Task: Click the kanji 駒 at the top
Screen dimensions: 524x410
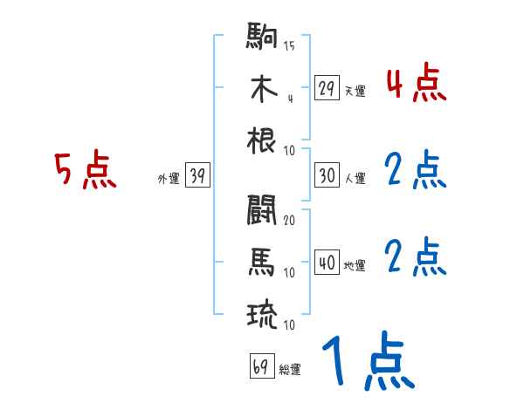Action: click(262, 38)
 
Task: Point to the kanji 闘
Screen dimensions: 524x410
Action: click(262, 210)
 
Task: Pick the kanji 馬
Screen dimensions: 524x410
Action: click(262, 262)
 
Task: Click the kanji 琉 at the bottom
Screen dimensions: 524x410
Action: click(262, 314)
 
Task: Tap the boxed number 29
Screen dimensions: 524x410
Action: click(327, 88)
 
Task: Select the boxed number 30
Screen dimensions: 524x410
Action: click(327, 175)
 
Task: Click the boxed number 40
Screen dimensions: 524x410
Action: click(327, 263)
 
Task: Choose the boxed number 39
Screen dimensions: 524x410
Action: click(197, 176)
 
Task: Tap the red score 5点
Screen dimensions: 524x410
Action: click(85, 170)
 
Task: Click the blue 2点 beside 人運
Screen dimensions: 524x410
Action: click(416, 170)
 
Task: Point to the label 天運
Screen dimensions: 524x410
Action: click(355, 91)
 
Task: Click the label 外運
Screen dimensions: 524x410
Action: click(168, 179)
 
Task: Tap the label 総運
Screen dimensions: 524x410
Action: click(290, 370)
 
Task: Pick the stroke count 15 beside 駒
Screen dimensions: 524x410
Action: click(289, 45)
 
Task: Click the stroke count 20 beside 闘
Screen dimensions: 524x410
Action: click(289, 221)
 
